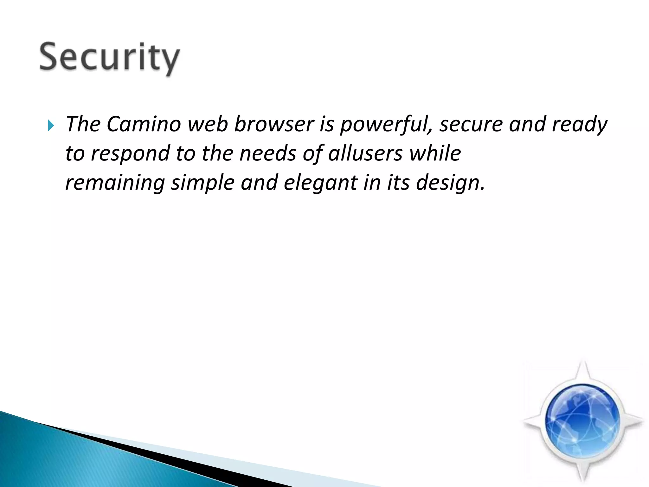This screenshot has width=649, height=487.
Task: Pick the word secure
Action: pyautogui.click(x=471, y=124)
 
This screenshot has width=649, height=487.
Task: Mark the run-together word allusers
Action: pyautogui.click(x=365, y=153)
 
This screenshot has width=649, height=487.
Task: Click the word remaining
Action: pyautogui.click(x=115, y=183)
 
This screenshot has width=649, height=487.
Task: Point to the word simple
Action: pyautogui.click(x=202, y=183)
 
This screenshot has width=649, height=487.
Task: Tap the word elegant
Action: pyautogui.click(x=320, y=183)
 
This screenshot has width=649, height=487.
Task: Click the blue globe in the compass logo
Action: pyautogui.click(x=582, y=421)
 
